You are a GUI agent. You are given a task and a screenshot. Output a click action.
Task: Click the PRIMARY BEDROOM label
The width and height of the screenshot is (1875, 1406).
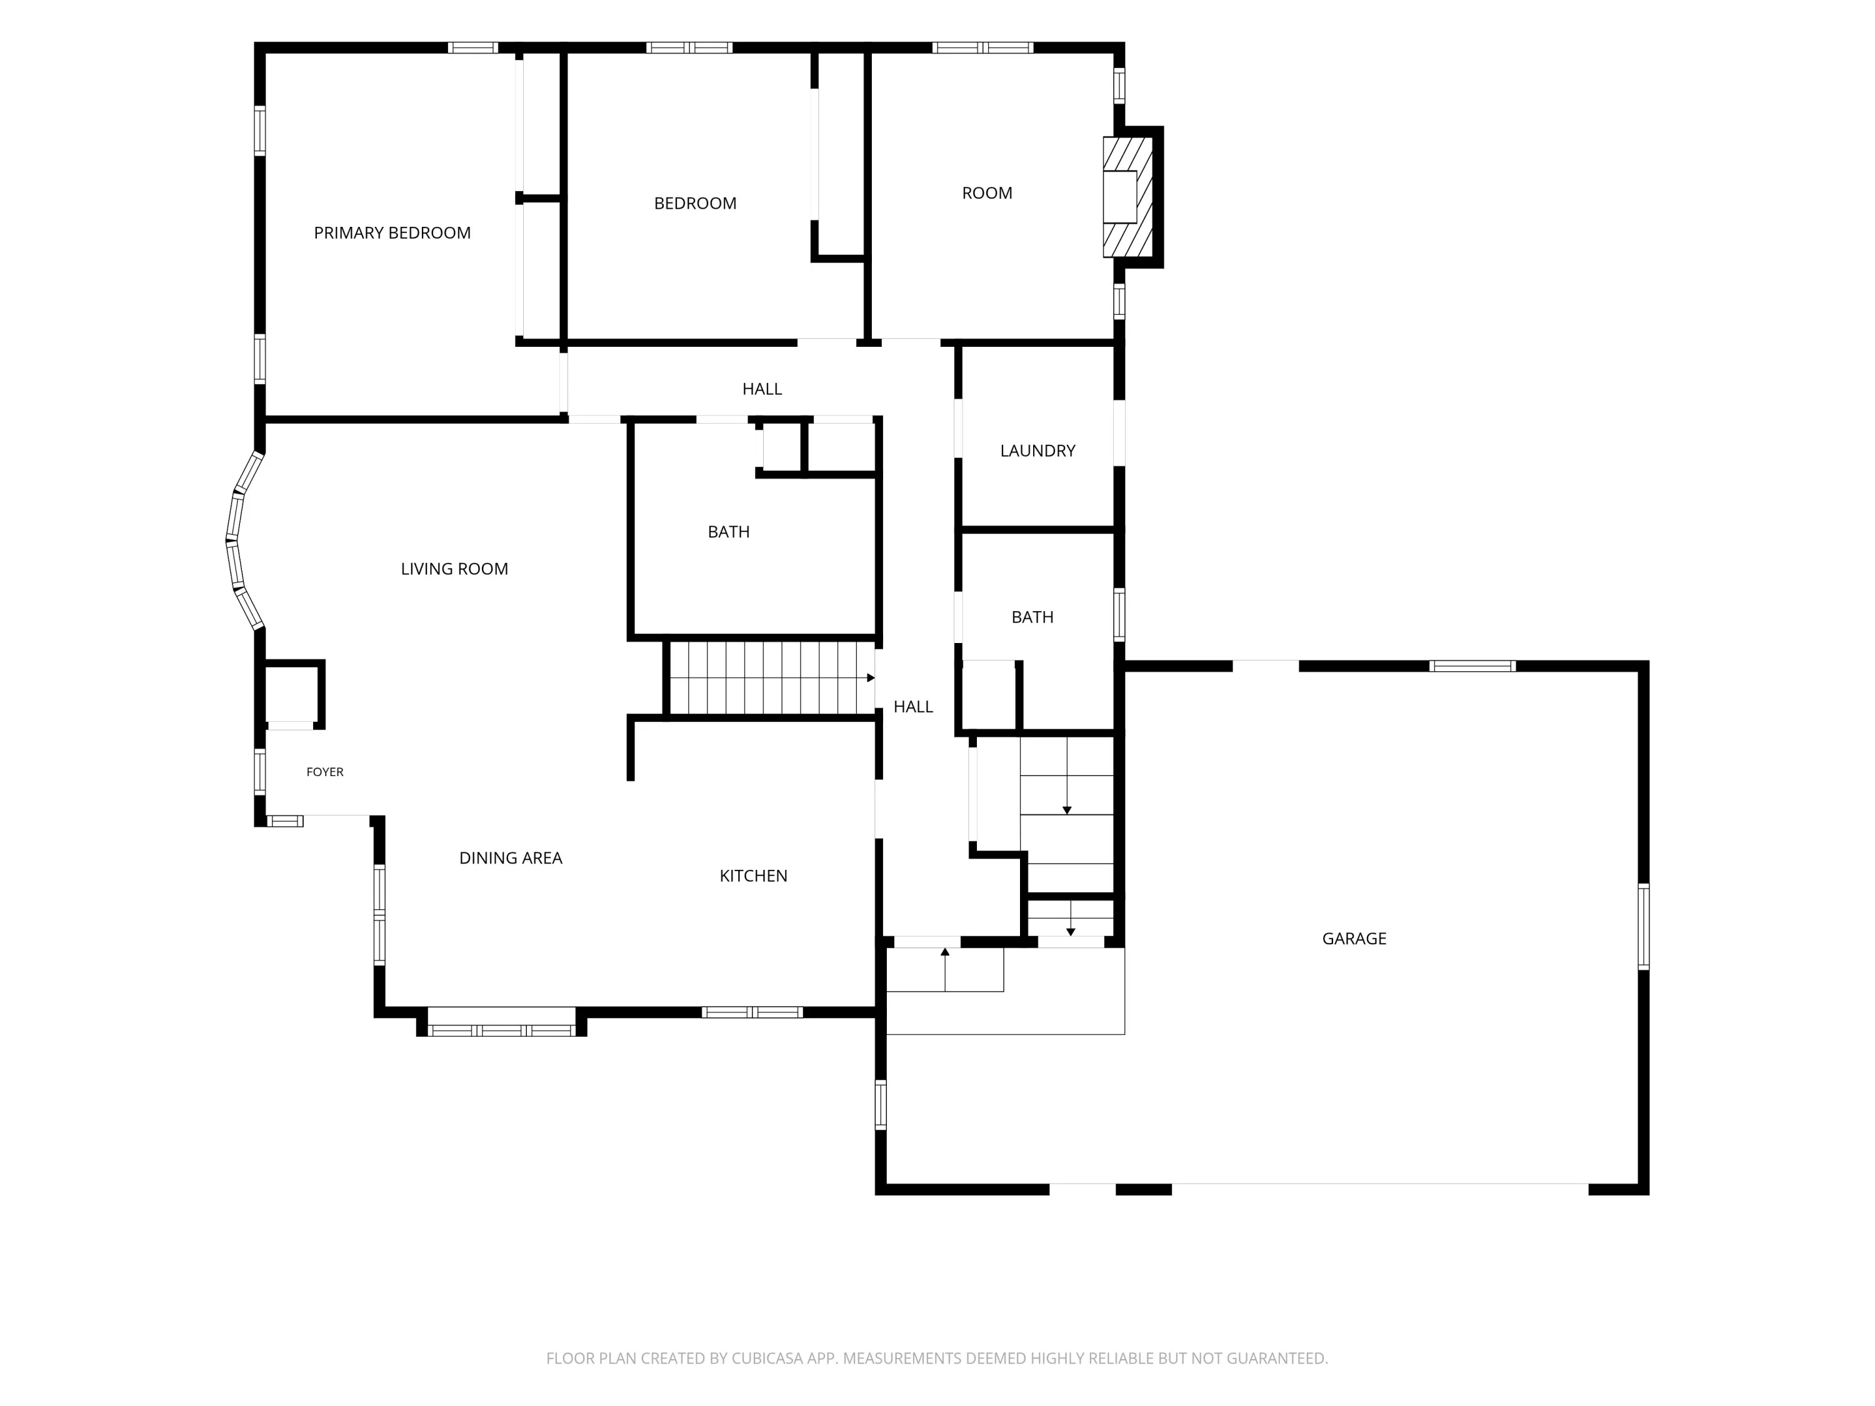[392, 233]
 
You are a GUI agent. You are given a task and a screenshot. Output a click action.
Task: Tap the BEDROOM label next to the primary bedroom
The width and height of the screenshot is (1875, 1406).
[695, 203]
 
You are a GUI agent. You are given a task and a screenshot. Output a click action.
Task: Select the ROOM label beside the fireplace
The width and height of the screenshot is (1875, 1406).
[987, 193]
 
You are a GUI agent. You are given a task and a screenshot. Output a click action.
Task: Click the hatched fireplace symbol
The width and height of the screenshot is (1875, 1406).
[1127, 197]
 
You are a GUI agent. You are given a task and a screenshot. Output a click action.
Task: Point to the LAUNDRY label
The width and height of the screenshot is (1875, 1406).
[1037, 451]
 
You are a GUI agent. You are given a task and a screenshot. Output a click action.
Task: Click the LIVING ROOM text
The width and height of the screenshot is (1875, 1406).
[454, 569]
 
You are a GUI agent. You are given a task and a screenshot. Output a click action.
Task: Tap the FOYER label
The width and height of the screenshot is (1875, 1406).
[324, 772]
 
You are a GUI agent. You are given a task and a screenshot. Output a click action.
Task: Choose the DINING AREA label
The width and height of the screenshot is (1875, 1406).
[510, 858]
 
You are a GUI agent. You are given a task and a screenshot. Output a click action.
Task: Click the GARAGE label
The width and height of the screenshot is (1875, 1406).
[1354, 938]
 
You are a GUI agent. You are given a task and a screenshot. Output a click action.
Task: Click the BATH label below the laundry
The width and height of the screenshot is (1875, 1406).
[1032, 617]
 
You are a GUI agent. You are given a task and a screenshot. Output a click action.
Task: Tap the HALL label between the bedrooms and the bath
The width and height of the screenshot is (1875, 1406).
[762, 389]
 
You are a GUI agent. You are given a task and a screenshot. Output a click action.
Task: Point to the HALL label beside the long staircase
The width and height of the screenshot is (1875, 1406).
[913, 707]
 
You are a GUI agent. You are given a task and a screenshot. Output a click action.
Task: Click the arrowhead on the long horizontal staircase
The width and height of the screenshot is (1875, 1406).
[871, 678]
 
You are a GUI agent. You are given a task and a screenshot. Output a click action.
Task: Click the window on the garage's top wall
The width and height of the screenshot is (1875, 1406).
[1472, 666]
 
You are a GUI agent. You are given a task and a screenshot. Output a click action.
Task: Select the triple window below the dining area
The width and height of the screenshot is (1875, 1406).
[501, 1030]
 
